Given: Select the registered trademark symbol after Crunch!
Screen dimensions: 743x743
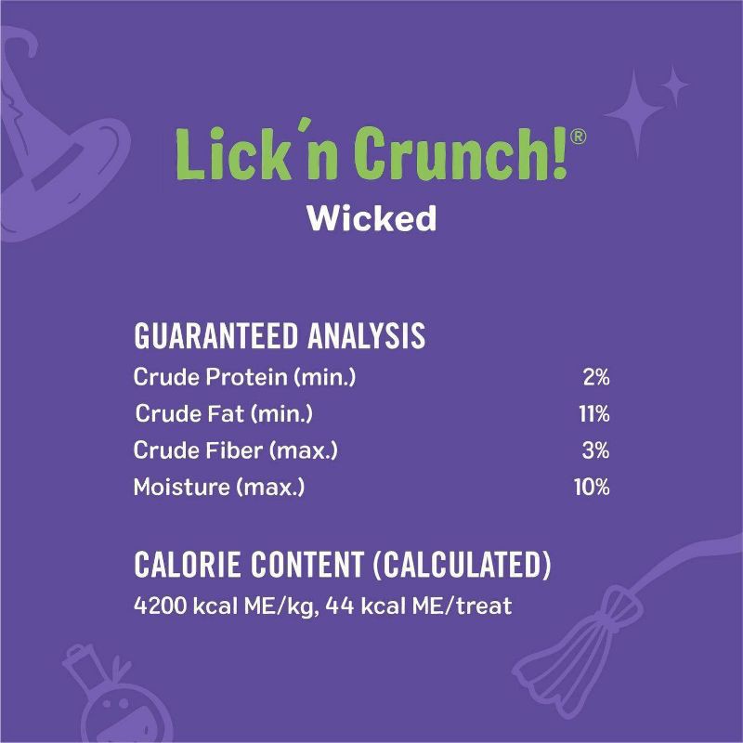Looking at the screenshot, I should coord(578,136).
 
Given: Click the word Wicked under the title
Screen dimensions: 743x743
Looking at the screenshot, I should coord(371,218).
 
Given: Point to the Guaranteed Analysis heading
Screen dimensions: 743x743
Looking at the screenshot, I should coord(280,336).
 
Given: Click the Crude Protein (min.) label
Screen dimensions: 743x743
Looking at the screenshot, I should coord(245,377).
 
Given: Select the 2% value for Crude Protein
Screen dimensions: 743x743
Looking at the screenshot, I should coord(596,377).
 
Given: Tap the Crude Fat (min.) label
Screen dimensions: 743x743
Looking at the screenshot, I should coord(228,413).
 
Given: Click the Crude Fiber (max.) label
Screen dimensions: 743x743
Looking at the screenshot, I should coord(236,450).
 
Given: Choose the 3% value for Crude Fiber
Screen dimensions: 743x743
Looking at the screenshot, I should coord(596,450).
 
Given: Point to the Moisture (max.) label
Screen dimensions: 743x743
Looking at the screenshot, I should coord(219,487).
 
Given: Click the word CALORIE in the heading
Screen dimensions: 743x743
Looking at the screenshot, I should coord(191,565).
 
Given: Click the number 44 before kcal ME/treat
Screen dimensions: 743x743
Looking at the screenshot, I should coord(341,608).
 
